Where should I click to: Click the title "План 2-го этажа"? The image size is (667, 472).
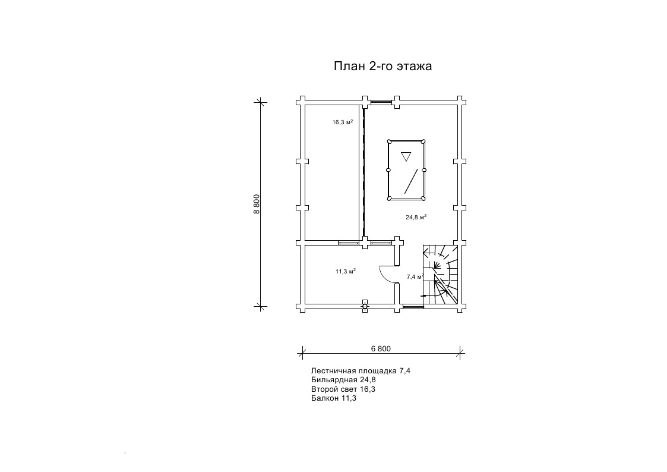pos(383,66)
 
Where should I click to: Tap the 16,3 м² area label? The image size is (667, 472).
pos(343,122)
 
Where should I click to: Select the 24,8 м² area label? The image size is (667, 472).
pos(416,217)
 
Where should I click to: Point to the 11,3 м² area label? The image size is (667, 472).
pos(346,271)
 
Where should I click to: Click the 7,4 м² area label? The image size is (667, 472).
pos(415,276)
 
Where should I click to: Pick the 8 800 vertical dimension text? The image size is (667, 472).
pos(257,204)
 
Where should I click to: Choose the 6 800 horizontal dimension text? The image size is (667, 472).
pos(381,349)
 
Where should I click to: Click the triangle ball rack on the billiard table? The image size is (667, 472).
pos(406,156)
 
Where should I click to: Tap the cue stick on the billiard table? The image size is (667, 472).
pos(410,181)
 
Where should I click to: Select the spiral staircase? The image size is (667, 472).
pos(440,275)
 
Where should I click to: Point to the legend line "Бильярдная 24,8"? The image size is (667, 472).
pos(343,380)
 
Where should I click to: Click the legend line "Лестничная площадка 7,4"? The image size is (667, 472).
pos(361,371)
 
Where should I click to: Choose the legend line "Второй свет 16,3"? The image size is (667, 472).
pos(343,389)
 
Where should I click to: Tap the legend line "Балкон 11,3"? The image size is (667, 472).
pos(334,398)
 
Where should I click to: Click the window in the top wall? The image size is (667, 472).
pos(381,102)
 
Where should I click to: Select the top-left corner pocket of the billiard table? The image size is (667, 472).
pos(389,141)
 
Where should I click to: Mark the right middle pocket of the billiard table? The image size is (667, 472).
pos(424,170)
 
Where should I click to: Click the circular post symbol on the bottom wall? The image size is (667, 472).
pos(365,306)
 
